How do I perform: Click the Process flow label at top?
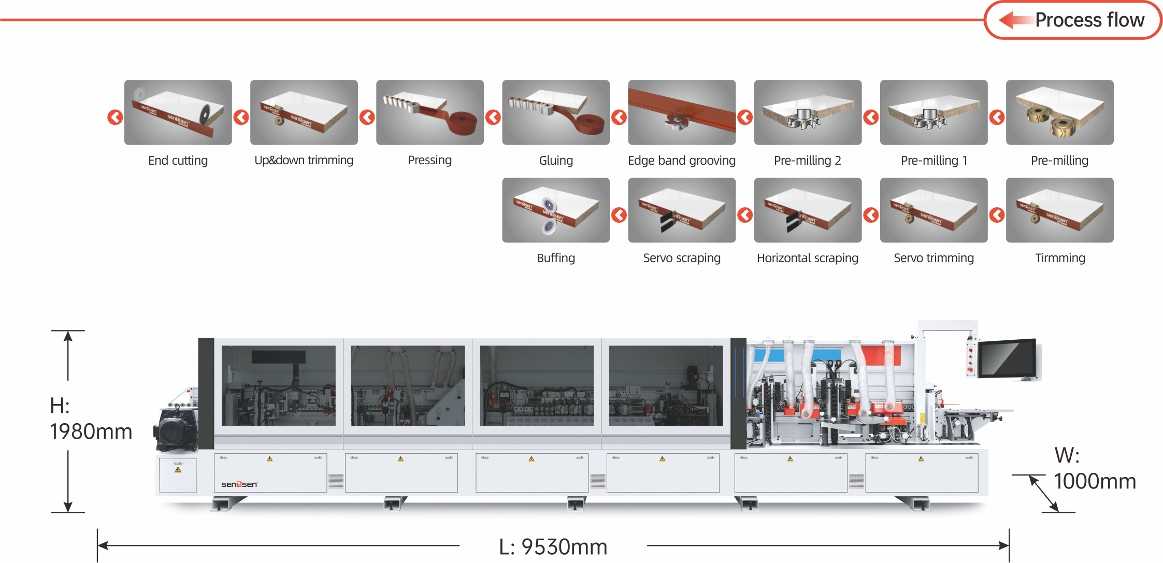(x=1089, y=20)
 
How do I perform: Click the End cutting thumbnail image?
(x=178, y=112)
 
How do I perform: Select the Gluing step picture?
(x=556, y=112)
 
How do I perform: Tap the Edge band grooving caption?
(x=682, y=161)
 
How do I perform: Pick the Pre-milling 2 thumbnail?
(x=808, y=112)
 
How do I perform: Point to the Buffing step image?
(x=556, y=210)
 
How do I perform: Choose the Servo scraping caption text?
(x=682, y=258)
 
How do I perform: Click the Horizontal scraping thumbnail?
(x=808, y=210)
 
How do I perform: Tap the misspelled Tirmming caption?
(x=1060, y=258)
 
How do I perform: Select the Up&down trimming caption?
(x=304, y=161)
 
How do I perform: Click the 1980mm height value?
(x=91, y=431)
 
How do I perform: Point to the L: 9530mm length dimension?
(x=553, y=546)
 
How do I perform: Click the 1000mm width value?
(x=1095, y=481)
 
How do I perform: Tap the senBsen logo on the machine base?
(x=239, y=484)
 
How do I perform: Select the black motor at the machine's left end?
(x=176, y=429)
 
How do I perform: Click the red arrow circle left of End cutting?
(x=115, y=117)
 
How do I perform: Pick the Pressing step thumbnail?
(x=430, y=112)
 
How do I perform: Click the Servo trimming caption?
(x=934, y=258)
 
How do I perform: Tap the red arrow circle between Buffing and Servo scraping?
(x=619, y=215)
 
